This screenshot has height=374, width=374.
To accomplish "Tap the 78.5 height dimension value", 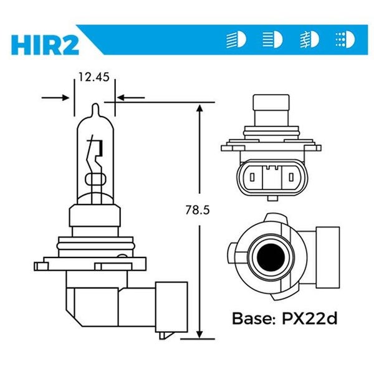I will point(198,211).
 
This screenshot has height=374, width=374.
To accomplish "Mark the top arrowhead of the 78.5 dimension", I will point(199,108).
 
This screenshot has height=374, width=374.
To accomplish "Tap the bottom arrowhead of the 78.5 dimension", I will point(199,333).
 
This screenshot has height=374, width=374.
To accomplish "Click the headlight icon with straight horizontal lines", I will point(272,40).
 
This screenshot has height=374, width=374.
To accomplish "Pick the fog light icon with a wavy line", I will point(309,40).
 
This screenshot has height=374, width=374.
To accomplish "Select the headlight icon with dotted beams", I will point(344,40).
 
